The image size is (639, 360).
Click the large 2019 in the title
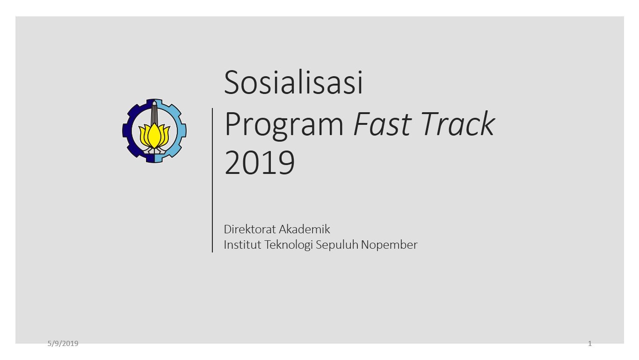(x=260, y=163)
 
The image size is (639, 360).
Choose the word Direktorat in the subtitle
(x=250, y=229)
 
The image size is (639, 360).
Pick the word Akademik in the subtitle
(x=305, y=229)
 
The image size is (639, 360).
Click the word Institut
(x=242, y=245)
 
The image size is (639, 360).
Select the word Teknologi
(x=289, y=245)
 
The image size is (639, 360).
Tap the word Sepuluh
(x=337, y=245)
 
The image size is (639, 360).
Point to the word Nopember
(x=389, y=245)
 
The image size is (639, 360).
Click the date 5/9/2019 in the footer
(x=63, y=344)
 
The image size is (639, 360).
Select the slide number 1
(x=590, y=344)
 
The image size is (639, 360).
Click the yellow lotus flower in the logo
(x=154, y=136)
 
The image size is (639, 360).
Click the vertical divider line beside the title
(x=212, y=180)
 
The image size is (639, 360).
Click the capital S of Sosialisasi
(x=232, y=82)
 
